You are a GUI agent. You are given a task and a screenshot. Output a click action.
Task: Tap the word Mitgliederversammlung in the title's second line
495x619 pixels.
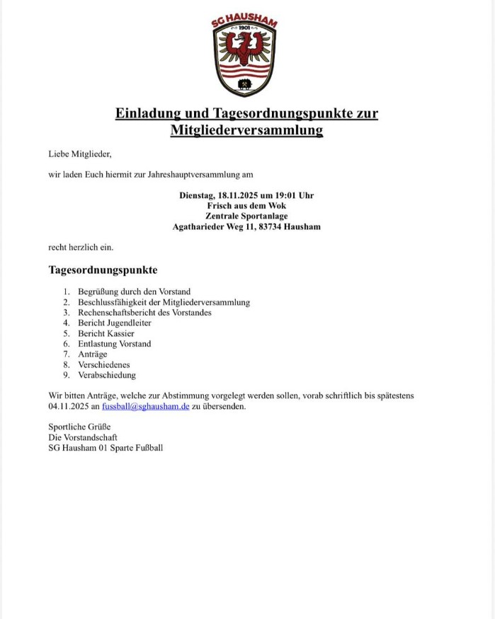click(246, 130)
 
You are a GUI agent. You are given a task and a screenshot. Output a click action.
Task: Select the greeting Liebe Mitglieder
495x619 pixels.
click(80, 154)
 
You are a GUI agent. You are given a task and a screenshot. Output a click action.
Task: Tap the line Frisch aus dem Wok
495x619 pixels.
click(246, 206)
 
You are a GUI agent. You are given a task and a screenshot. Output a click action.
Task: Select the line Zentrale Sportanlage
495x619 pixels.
click(246, 216)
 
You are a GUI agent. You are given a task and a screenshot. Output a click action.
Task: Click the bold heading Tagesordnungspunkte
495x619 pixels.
click(103, 270)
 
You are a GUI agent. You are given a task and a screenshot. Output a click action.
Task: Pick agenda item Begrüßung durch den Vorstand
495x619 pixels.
click(134, 291)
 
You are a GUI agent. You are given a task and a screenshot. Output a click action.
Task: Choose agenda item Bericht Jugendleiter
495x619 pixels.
click(115, 323)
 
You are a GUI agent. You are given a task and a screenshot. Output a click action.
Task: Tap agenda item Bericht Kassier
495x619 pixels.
click(106, 333)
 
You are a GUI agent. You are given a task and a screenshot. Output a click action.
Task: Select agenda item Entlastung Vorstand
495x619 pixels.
click(114, 344)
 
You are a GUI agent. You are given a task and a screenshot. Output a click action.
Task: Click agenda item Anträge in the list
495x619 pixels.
click(93, 354)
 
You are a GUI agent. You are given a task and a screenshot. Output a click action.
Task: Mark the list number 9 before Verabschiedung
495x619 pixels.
click(66, 375)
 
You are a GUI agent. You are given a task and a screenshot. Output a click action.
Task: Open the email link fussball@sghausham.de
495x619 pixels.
click(145, 407)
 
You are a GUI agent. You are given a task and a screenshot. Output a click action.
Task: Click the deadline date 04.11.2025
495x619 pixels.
click(69, 407)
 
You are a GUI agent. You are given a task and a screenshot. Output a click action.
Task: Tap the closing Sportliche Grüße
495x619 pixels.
click(79, 427)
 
